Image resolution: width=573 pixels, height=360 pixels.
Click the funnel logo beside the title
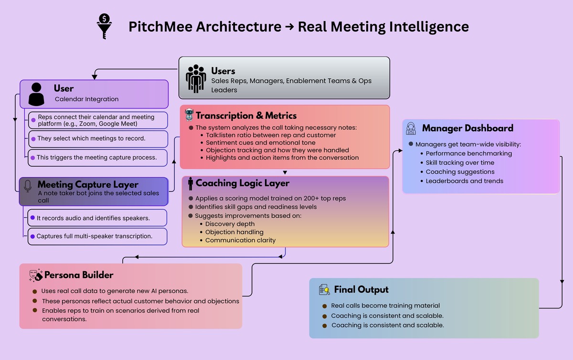[104, 26]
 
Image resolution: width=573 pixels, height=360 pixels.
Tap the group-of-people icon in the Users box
[196, 78]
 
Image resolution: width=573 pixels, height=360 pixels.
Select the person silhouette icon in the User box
[37, 94]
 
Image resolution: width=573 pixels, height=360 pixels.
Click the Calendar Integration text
[86, 99]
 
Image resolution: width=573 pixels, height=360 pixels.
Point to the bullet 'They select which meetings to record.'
[91, 139]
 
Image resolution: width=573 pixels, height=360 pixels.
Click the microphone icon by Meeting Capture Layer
[28, 185]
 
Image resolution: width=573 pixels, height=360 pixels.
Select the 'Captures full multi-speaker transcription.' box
[97, 236]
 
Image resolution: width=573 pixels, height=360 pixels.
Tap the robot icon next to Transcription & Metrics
[189, 115]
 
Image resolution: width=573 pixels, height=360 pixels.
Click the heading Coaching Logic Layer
[242, 183]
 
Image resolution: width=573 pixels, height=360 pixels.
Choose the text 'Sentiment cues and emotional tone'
[261, 142]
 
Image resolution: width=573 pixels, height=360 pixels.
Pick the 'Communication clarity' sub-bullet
[240, 240]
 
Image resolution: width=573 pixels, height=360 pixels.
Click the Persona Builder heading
[79, 275]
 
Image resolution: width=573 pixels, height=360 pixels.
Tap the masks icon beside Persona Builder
[35, 274]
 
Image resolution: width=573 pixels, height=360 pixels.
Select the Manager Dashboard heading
[467, 128]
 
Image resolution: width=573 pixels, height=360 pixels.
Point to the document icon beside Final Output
[325, 289]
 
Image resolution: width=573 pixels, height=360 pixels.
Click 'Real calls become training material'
[385, 306]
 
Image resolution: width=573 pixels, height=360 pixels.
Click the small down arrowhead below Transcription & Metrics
[285, 172]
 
